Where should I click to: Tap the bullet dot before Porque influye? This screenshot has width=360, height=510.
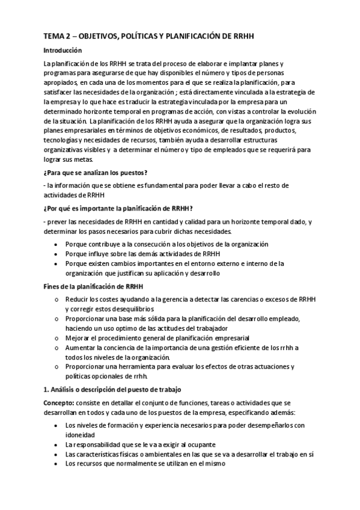(x=56, y=254)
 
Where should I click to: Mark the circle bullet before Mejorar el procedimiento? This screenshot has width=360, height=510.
(x=56, y=338)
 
